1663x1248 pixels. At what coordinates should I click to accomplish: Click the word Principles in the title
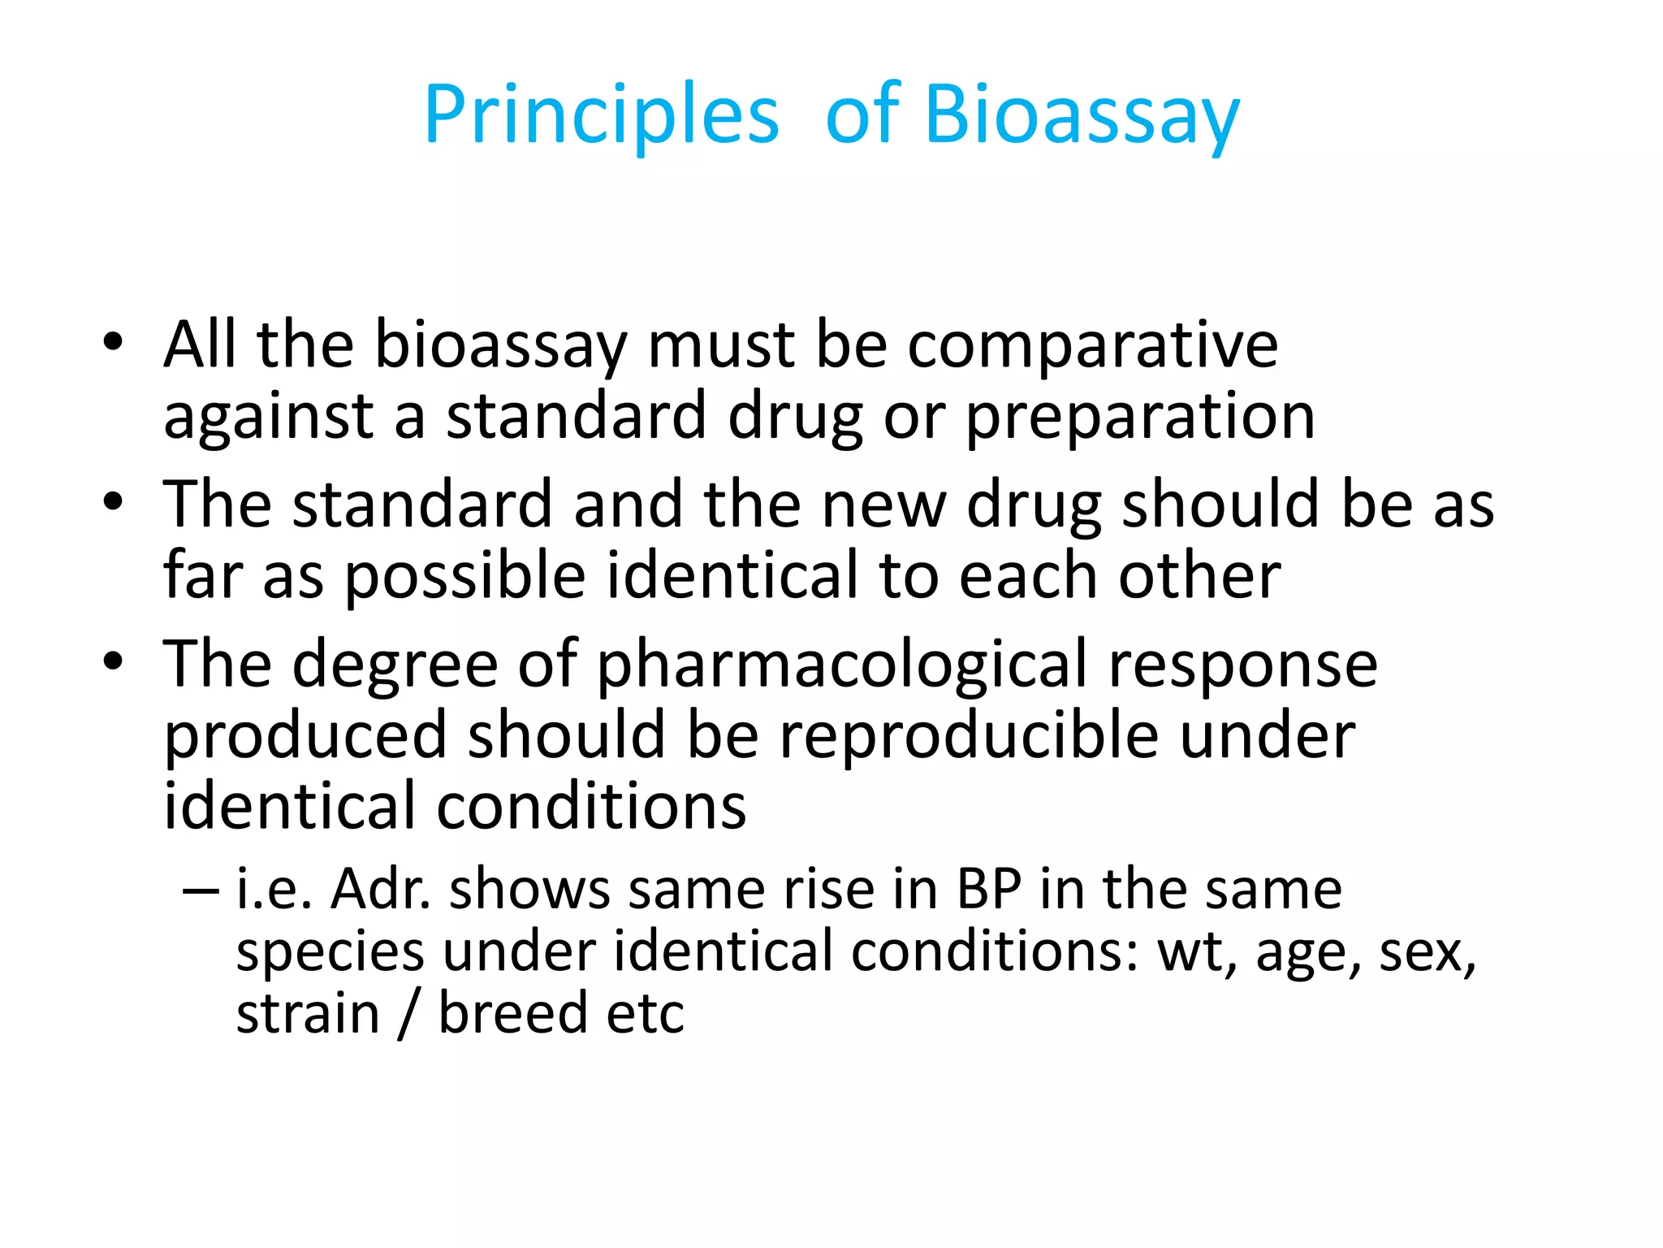[601, 115]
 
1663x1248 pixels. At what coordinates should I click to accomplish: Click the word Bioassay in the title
[1082, 115]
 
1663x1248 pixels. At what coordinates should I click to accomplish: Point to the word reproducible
[969, 736]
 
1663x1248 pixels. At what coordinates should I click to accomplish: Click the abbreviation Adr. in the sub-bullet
[380, 889]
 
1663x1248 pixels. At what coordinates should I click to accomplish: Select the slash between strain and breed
[408, 1013]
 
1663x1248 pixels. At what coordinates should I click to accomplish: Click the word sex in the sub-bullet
[1427, 952]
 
